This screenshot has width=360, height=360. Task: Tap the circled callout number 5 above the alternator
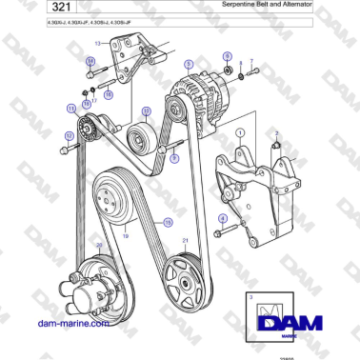tap(189, 63)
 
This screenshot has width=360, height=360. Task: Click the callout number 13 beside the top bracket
tap(97, 44)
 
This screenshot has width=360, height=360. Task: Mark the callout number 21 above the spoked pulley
tap(187, 242)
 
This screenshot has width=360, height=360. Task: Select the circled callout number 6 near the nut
tap(227, 57)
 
